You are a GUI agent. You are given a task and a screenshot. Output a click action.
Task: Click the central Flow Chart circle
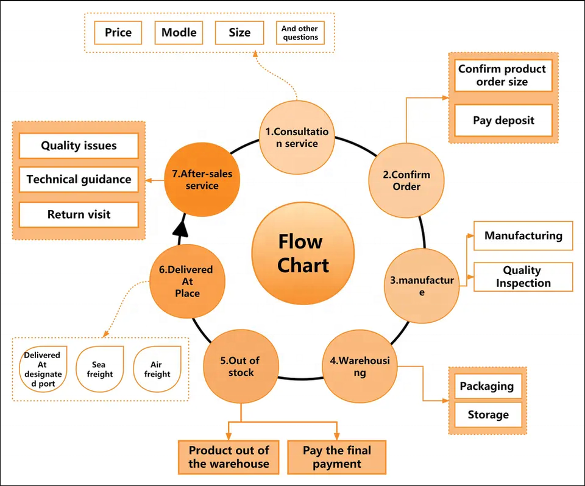click(303, 254)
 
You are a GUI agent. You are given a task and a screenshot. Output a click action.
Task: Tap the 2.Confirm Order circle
click(406, 180)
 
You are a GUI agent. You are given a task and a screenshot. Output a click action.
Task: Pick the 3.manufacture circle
click(422, 286)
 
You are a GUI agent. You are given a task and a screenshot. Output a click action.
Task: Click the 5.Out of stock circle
click(241, 366)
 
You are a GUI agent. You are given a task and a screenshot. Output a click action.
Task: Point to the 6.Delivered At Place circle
click(186, 281)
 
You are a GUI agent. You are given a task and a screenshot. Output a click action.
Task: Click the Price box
click(118, 32)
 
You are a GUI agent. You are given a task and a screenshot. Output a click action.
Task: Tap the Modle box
click(179, 32)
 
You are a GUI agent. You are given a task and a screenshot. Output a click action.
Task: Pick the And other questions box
click(300, 32)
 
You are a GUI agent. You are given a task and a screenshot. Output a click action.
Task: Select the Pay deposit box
click(503, 120)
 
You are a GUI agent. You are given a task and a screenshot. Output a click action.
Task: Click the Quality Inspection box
click(523, 276)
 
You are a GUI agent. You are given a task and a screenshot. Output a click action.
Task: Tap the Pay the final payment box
click(336, 457)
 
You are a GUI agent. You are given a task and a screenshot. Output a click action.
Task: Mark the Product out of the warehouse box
click(229, 457)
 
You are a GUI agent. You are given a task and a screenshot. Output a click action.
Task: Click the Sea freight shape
click(100, 369)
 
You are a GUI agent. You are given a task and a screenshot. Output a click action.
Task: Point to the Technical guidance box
click(79, 180)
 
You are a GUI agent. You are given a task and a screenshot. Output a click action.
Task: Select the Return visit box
click(79, 214)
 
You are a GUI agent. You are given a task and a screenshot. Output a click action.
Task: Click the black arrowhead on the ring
click(180, 228)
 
